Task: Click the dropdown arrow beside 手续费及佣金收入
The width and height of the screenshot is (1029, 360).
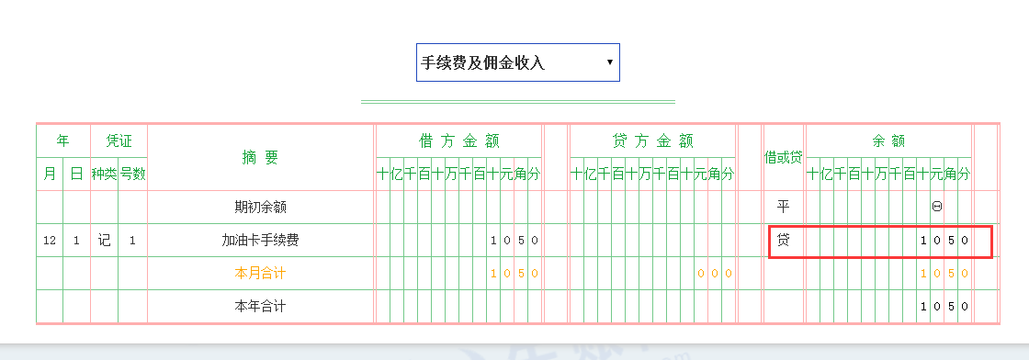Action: [610, 62]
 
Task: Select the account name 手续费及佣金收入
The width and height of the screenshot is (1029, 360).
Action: [483, 62]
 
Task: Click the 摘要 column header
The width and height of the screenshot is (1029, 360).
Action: [260, 158]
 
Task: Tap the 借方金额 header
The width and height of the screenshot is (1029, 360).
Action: [459, 141]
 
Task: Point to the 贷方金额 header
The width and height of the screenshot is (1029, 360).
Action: [652, 141]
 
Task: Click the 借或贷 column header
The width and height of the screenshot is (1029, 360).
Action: [784, 158]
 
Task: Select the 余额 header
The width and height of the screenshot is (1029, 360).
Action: [888, 141]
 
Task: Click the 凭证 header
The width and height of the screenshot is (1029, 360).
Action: [119, 141]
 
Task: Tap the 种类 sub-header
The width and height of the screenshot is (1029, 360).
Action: [104, 174]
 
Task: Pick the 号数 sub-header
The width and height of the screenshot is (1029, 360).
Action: [132, 174]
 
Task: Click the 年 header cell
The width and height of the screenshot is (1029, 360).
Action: [62, 141]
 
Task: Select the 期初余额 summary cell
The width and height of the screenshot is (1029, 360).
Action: [260, 207]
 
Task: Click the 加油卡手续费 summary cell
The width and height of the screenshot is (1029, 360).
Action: [260, 241]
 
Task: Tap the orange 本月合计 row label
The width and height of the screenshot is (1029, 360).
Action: [260, 273]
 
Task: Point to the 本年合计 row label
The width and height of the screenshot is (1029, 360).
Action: [260, 306]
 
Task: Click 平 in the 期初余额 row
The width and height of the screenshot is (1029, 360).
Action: [784, 207]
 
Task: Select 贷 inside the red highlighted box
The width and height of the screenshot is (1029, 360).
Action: [784, 241]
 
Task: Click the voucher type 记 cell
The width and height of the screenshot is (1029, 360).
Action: [104, 241]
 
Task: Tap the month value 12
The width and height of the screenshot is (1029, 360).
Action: [50, 241]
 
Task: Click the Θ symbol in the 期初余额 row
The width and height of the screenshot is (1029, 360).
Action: [936, 207]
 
